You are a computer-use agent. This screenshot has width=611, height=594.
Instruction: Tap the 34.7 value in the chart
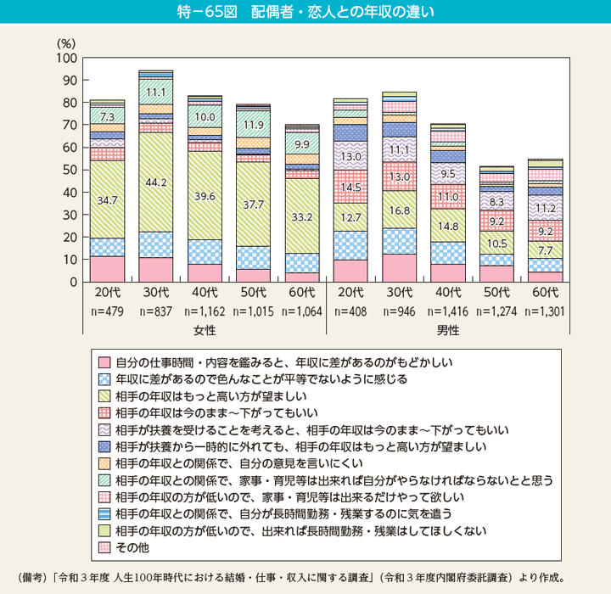[x=107, y=199]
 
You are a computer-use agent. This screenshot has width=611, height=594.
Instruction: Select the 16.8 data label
[x=400, y=210]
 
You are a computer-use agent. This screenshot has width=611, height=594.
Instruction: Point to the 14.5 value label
[x=350, y=186]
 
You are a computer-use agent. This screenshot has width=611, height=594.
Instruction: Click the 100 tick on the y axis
[x=67, y=58]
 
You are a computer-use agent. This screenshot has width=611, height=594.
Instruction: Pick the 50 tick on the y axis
[x=70, y=170]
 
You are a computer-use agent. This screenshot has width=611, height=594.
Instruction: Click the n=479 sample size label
[x=107, y=311]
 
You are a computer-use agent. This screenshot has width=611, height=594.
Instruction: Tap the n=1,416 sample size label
[x=448, y=311]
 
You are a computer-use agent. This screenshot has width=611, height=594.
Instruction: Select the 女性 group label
[x=205, y=329]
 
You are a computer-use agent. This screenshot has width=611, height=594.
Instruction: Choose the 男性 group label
[x=448, y=329]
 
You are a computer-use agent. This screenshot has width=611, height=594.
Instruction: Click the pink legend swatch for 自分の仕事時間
[x=104, y=361]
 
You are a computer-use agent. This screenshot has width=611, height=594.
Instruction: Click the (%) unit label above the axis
[x=66, y=42]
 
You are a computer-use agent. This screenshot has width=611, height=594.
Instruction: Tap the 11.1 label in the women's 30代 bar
[x=155, y=92]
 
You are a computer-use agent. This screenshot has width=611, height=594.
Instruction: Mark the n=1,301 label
[x=546, y=311]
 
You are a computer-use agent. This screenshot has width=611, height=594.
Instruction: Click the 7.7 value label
[x=546, y=250]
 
